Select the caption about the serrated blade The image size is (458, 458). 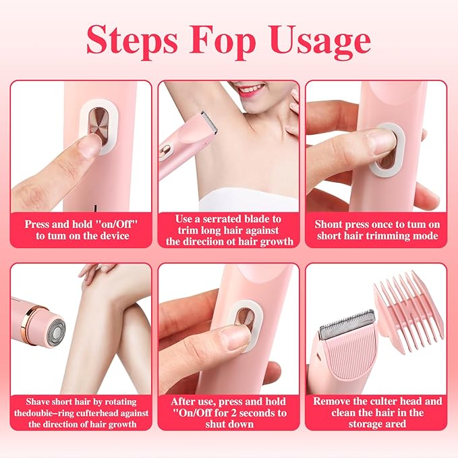coord(229,229)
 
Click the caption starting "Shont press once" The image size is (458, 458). coord(376,229)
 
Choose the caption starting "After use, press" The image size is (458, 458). coord(229,412)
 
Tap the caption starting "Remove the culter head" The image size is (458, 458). coord(376,412)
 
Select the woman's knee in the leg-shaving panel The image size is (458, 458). coord(112,284)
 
